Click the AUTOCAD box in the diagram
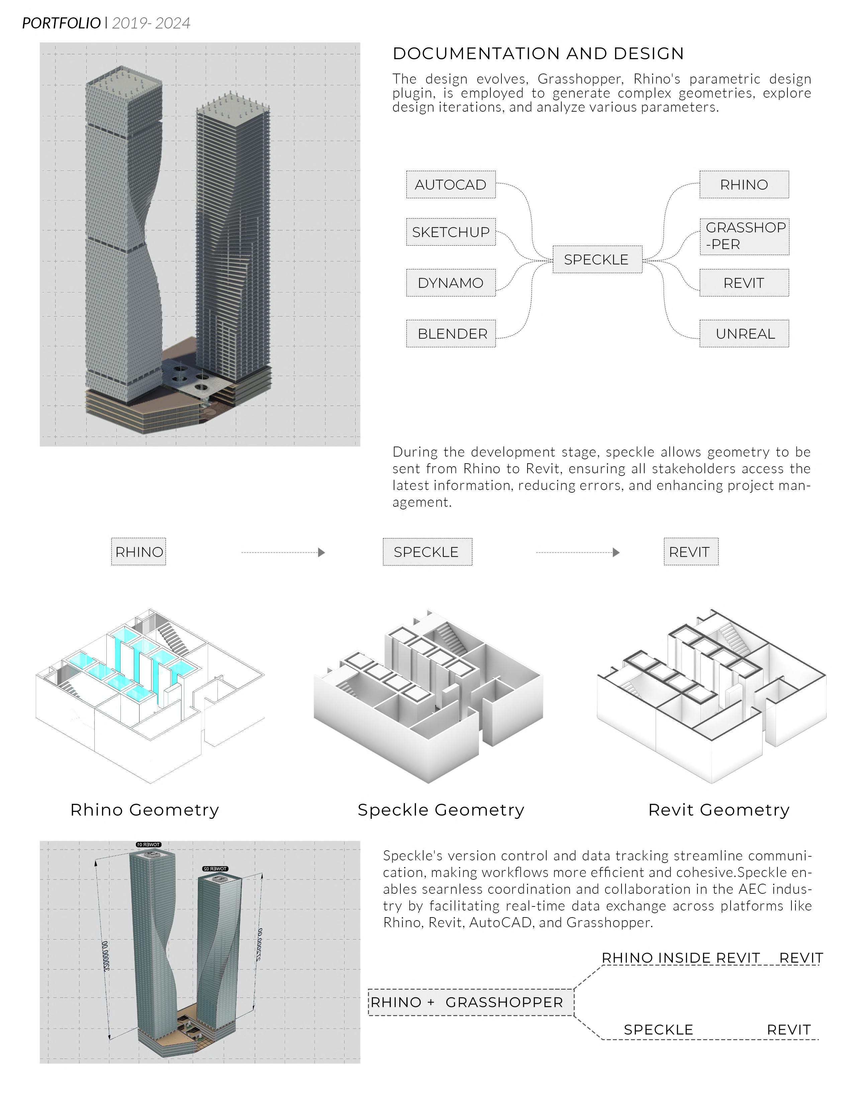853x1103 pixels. tap(450, 185)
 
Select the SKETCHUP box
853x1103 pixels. tap(450, 232)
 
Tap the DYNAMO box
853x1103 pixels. tap(450, 283)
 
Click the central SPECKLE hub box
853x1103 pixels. tap(597, 260)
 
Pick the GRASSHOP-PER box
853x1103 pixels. tap(744, 236)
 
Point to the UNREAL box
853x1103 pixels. tap(744, 334)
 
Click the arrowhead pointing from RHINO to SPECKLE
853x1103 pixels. tap(321, 553)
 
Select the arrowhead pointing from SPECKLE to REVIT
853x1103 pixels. tap(616, 553)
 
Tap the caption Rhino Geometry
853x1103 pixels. tap(145, 810)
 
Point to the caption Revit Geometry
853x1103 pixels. tap(719, 810)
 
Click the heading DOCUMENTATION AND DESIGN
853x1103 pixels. tap(538, 53)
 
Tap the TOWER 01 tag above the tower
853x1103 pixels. tap(149, 844)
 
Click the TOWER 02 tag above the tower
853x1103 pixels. tap(215, 869)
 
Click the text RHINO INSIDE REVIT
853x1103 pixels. tap(681, 958)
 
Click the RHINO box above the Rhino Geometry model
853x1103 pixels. tap(139, 552)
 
